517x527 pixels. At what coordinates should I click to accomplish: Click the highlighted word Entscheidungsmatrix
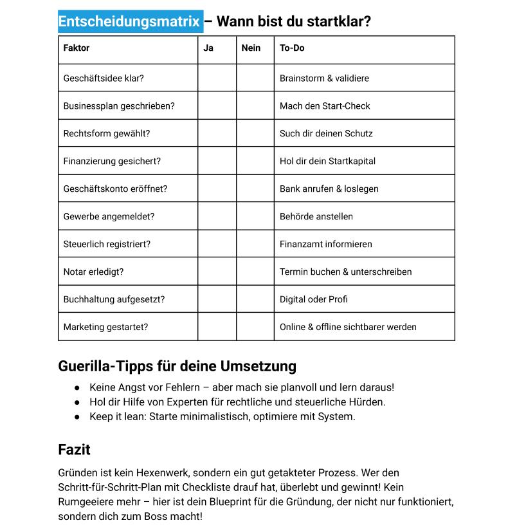coord(129,22)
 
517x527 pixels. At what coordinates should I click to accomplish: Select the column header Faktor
coord(77,48)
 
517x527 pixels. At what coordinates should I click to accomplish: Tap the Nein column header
coord(251,48)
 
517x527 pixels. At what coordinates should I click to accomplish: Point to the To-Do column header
coord(292,48)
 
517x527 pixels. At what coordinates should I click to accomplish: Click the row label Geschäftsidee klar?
coord(104,79)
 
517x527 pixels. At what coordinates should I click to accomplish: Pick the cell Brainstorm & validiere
coord(324,79)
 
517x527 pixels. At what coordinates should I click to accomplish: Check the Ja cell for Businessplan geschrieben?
coord(217,106)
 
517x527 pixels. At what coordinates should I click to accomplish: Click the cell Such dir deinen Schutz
coord(326,134)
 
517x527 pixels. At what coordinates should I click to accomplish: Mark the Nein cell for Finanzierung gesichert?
coord(255,161)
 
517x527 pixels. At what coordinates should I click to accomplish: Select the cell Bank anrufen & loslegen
coord(329,189)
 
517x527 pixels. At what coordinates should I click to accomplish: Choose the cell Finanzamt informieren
coord(325,245)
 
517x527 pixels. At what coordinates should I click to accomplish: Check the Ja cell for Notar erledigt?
coord(217,272)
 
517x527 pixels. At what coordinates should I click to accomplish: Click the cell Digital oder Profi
coord(313,299)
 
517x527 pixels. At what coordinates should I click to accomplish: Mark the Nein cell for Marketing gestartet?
coord(255,327)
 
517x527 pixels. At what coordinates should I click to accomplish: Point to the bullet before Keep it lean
coord(77,417)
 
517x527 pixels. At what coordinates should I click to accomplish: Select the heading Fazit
coord(74,450)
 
